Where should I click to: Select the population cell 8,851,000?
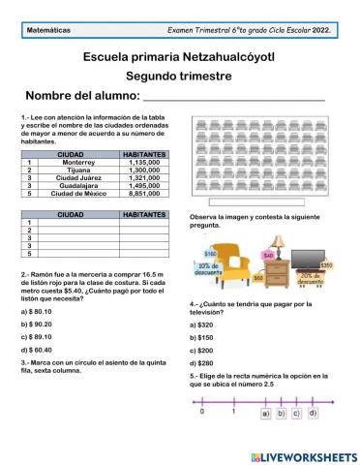tap(149, 193)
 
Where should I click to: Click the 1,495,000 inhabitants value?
tap(149, 185)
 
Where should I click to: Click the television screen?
tap(313, 260)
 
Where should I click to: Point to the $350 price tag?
tap(326, 265)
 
